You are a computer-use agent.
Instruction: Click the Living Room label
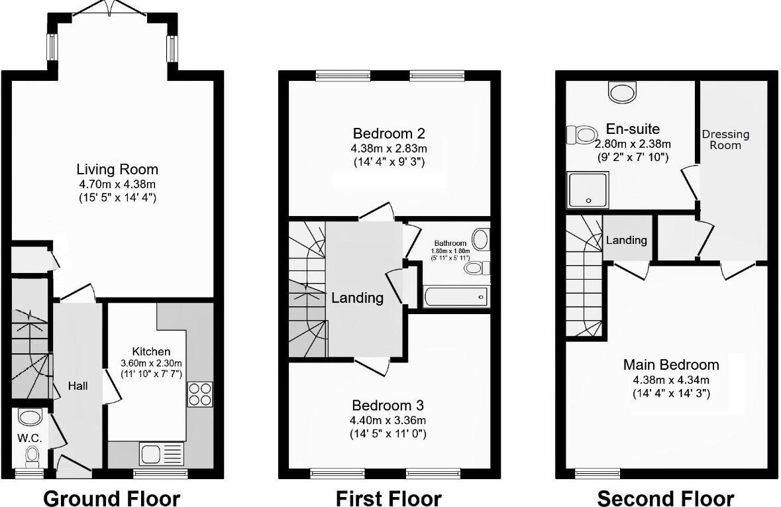(x=117, y=170)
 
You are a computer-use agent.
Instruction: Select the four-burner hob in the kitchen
(x=200, y=394)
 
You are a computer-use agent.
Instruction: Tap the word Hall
(x=78, y=386)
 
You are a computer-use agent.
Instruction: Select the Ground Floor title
(x=111, y=497)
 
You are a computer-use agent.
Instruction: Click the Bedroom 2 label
(x=389, y=131)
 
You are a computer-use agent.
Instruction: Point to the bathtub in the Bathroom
(x=456, y=296)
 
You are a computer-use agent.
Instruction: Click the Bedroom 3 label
(x=388, y=405)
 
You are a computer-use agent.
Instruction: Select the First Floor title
(x=388, y=497)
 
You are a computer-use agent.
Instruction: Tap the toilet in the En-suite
(x=582, y=135)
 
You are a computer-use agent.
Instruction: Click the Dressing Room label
(x=725, y=139)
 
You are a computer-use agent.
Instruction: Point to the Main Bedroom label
(x=670, y=365)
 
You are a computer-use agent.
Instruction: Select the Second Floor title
(x=665, y=497)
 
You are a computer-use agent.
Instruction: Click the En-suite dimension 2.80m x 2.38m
(x=633, y=144)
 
